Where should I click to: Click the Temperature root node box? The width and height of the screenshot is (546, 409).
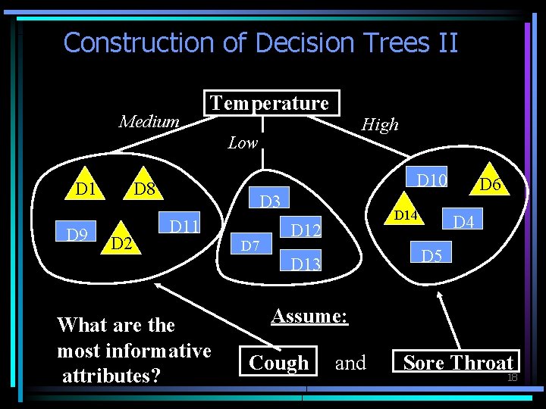tap(270, 103)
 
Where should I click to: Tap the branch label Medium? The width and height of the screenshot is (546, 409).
tap(149, 121)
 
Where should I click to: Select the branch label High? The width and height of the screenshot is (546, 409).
tap(380, 124)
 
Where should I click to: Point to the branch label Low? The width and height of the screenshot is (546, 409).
tap(243, 142)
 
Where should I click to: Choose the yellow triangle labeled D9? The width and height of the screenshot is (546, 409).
tap(76, 234)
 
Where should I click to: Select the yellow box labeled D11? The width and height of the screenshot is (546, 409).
tap(183, 226)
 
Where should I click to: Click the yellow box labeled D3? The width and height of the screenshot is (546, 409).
tap(270, 201)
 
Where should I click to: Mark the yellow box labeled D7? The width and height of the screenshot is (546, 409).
tap(250, 245)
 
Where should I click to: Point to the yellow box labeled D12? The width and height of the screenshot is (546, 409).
tap(306, 229)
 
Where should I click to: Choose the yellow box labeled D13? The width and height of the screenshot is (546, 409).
tap(306, 263)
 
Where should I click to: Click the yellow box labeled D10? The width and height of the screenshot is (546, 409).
tap(432, 180)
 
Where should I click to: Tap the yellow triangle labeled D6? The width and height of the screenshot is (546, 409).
tap(490, 183)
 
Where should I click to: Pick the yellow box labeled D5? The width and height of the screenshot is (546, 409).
tap(431, 255)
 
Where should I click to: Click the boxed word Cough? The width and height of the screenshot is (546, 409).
tap(279, 363)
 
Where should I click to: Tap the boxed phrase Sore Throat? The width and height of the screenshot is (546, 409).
tap(457, 363)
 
